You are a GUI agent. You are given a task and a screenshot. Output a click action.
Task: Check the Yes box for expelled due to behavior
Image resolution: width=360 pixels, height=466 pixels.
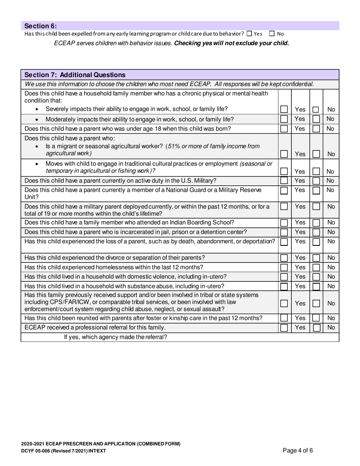tap(249, 34)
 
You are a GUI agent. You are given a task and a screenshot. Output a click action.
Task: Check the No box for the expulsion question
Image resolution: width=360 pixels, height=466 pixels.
tap(272, 34)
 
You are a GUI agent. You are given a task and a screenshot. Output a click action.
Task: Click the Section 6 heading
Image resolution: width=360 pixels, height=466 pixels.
tap(41, 26)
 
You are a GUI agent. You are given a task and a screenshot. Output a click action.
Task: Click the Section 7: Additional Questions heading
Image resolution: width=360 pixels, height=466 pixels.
tap(75, 75)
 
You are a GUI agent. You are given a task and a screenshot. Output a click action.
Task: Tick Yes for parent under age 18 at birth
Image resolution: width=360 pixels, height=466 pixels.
tap(284, 129)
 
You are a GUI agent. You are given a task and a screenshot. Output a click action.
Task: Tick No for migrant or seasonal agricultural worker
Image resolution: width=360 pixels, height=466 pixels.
tap(316, 154)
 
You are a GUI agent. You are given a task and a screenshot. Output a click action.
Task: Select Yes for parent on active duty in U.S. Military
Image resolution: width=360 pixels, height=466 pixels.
tap(284, 181)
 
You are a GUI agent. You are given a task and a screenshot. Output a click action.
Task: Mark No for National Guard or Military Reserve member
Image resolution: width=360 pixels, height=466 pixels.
tap(316, 190)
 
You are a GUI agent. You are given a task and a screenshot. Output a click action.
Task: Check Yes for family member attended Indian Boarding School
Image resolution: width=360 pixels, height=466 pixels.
tap(284, 223)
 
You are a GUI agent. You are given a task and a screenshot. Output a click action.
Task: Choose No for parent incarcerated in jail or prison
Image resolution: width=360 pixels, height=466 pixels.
tap(316, 232)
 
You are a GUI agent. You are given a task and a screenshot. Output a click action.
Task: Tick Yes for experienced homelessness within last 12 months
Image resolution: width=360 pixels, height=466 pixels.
tap(284, 267)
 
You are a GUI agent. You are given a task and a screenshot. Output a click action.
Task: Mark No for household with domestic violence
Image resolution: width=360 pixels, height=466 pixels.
tap(316, 277)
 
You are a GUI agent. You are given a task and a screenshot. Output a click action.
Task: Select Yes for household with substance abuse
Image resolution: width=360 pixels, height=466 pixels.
tap(284, 286)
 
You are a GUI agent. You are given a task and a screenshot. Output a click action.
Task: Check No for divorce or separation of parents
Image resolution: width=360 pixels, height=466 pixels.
tap(316, 258)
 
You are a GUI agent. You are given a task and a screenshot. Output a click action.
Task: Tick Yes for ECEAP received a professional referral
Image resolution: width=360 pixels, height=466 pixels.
tap(284, 327)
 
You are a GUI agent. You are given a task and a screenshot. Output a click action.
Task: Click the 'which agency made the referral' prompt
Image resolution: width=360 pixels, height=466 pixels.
tap(115, 337)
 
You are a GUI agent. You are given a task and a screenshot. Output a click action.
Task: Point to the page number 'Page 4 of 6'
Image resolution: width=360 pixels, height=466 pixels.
tap(298, 450)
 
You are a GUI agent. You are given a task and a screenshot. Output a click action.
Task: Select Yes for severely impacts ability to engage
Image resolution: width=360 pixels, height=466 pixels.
tap(284, 109)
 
